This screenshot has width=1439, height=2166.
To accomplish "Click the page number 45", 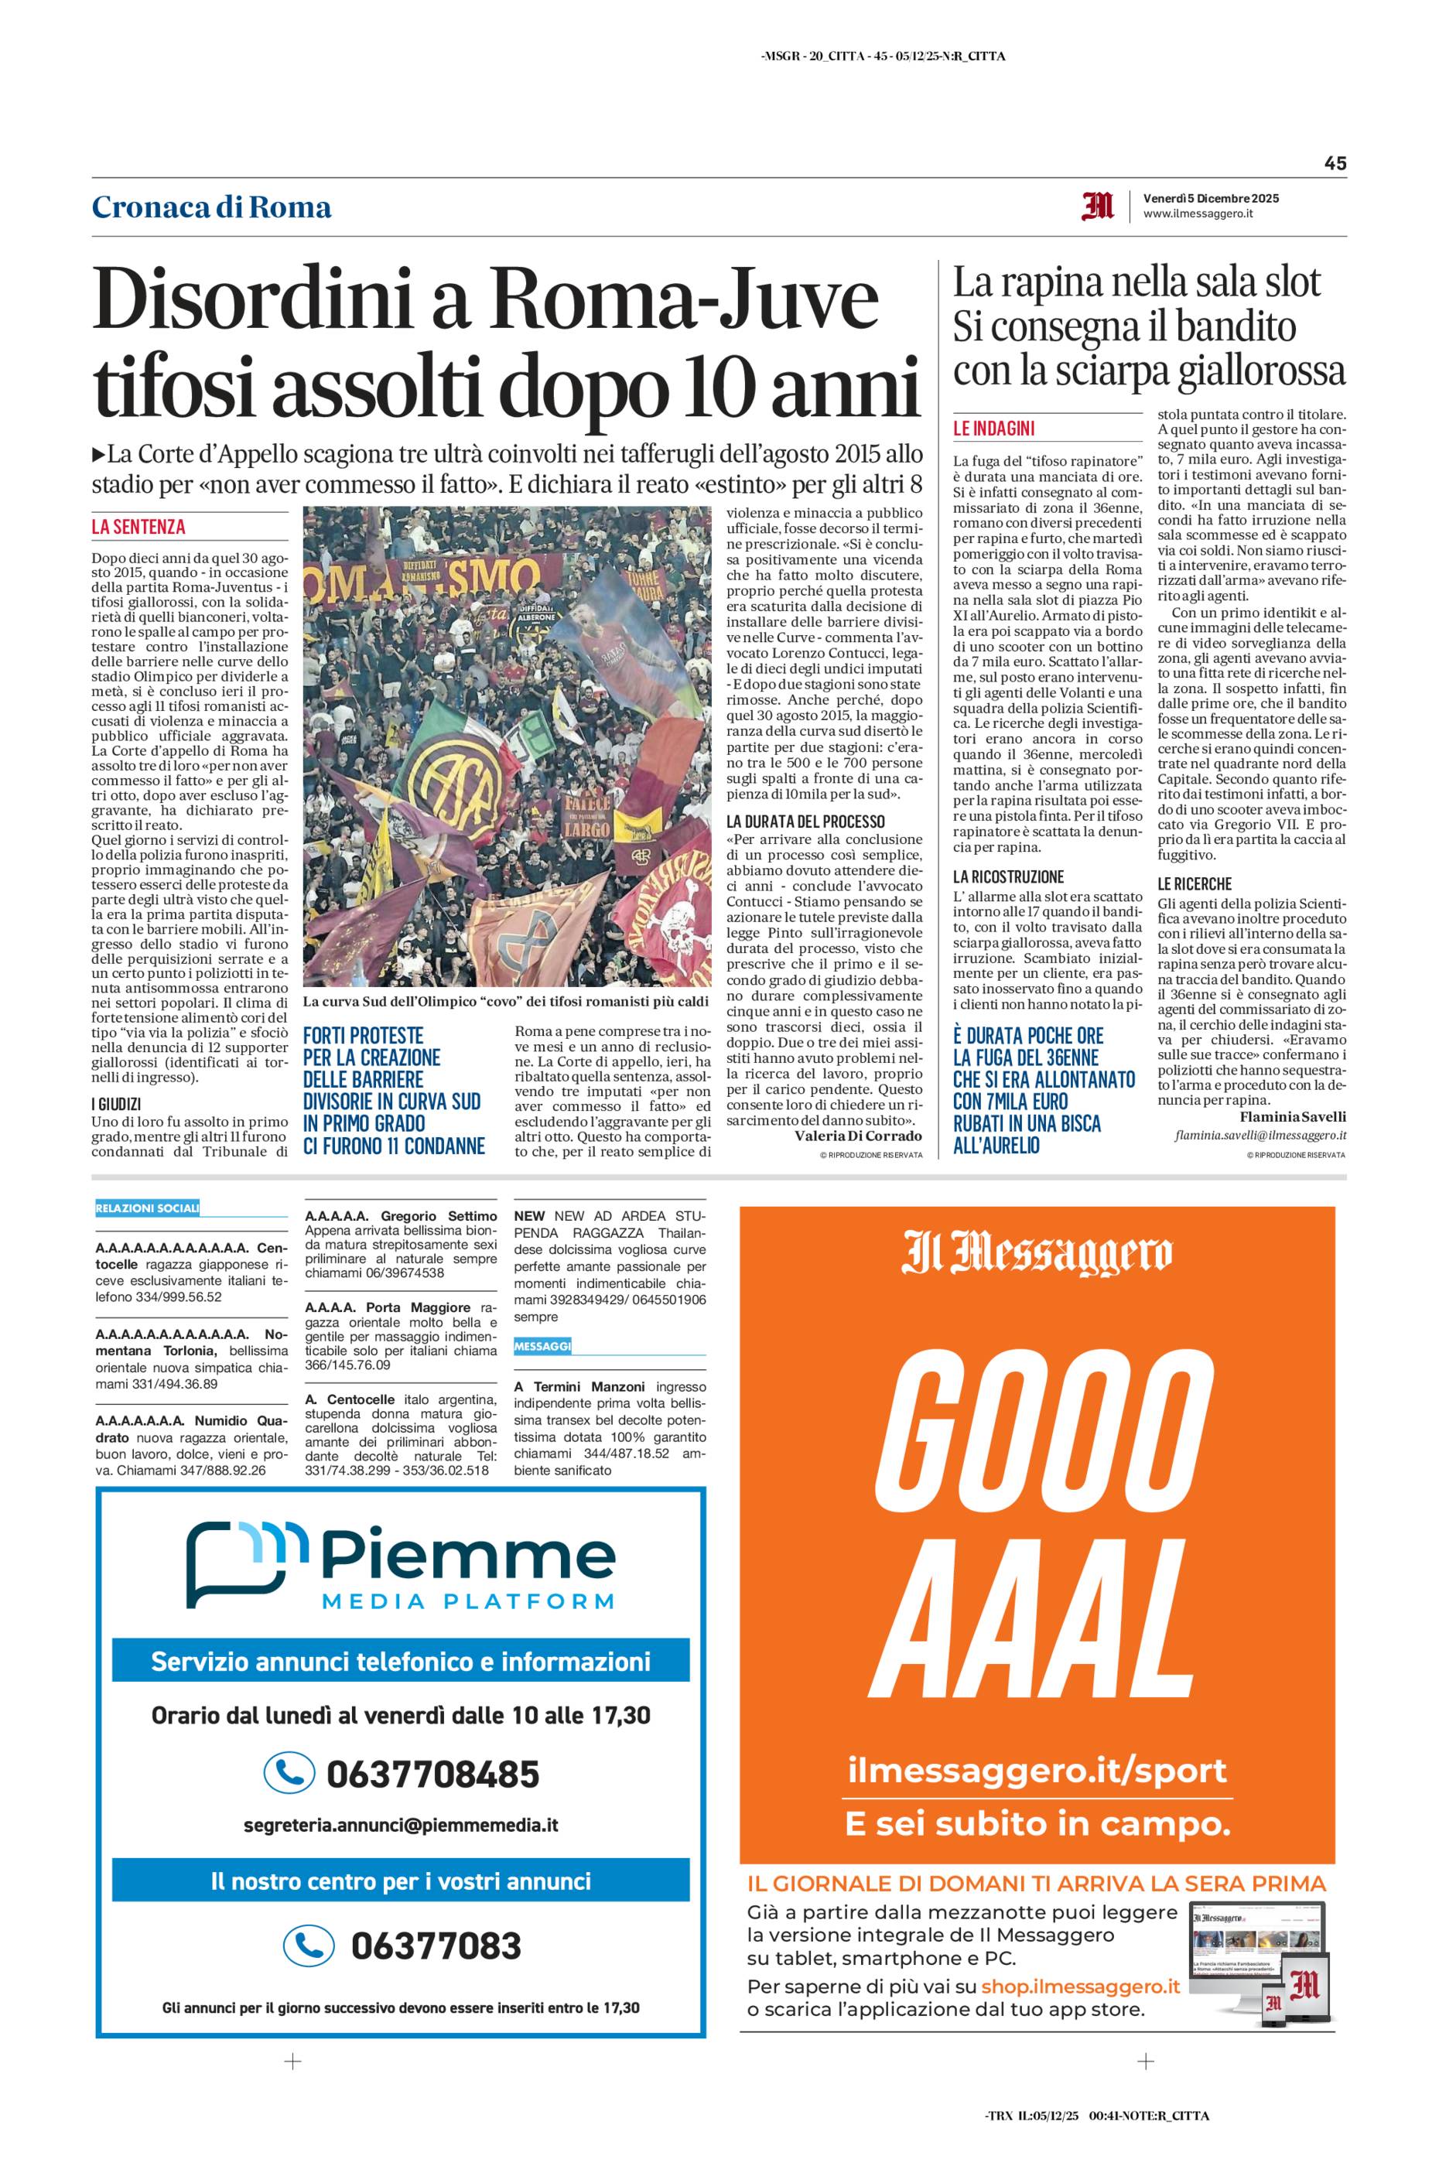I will coord(1335,163).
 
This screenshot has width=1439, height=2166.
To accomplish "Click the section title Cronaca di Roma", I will coord(211,207).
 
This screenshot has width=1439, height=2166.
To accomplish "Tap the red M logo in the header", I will coord(1098,206).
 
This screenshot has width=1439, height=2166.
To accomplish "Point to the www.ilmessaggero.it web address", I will coord(1198,214).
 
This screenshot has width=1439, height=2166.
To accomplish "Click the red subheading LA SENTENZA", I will coord(138,527).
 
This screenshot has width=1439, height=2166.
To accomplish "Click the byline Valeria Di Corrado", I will coord(857,1136).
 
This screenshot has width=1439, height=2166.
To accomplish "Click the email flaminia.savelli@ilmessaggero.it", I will coord(1260,1136).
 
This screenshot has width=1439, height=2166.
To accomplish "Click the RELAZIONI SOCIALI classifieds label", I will coord(147,1208).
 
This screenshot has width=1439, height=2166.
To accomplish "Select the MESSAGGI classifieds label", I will coord(542,1346).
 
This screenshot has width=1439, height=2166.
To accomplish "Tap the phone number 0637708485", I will coord(432,1773).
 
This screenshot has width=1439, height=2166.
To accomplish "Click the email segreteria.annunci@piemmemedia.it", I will coord(401,1826).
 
